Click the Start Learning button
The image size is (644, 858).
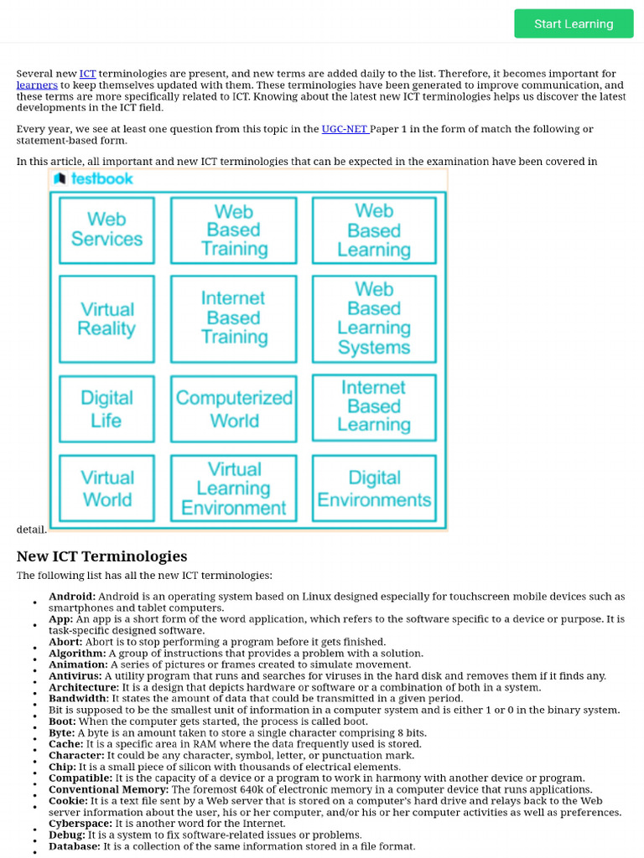(x=574, y=23)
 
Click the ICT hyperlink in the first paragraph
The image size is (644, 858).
(x=87, y=74)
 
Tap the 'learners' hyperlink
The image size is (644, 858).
(x=37, y=85)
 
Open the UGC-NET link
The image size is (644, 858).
(x=345, y=128)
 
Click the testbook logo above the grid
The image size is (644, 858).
(x=93, y=178)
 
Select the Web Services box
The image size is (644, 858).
(x=106, y=230)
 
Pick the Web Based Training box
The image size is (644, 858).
(x=234, y=230)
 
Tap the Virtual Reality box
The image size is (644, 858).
(x=106, y=319)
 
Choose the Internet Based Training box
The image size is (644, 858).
(x=234, y=318)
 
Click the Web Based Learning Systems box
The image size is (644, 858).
(x=374, y=318)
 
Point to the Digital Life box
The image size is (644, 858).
(x=106, y=409)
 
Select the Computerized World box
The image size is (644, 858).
(x=234, y=409)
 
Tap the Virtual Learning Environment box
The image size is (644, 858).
(x=234, y=488)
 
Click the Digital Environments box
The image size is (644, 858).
(x=374, y=488)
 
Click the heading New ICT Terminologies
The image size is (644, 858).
(x=101, y=556)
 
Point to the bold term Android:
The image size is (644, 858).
(x=72, y=597)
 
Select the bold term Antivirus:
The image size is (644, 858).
(x=75, y=675)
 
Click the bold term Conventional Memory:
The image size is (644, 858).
(x=108, y=789)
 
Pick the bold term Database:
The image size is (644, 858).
(x=74, y=846)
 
